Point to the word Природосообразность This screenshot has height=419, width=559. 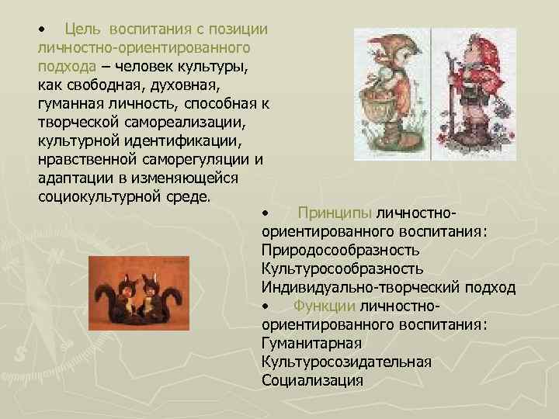click(342, 251)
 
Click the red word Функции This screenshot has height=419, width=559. click(324, 306)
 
